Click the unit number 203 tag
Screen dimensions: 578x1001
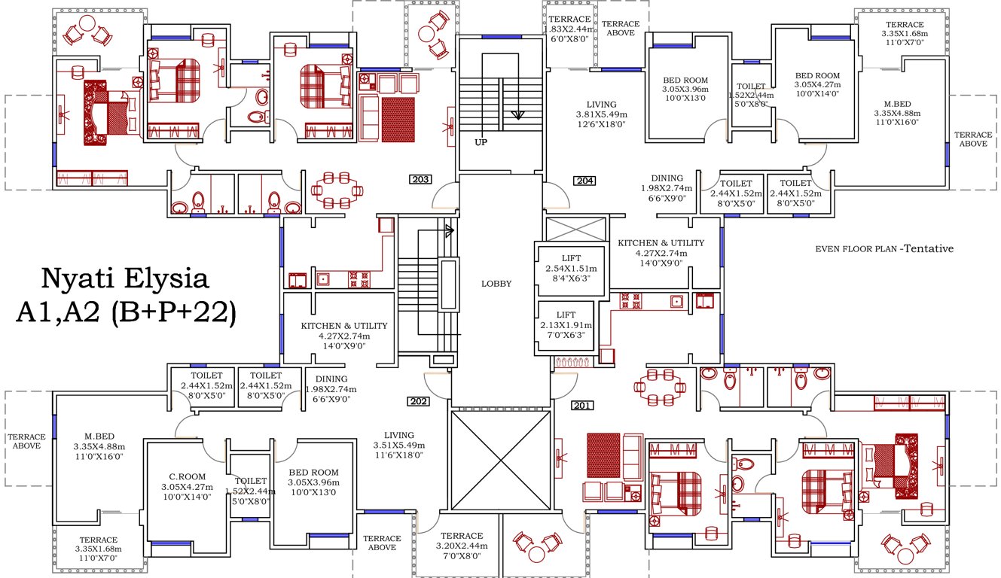coord(421,180)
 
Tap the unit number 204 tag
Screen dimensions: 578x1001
coord(584,181)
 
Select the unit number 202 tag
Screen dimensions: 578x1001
coord(418,401)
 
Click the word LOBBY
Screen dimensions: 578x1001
coord(496,284)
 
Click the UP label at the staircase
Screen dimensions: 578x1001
coord(481,141)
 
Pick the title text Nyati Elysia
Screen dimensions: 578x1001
coord(124,279)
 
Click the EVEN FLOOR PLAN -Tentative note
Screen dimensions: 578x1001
coord(884,248)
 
